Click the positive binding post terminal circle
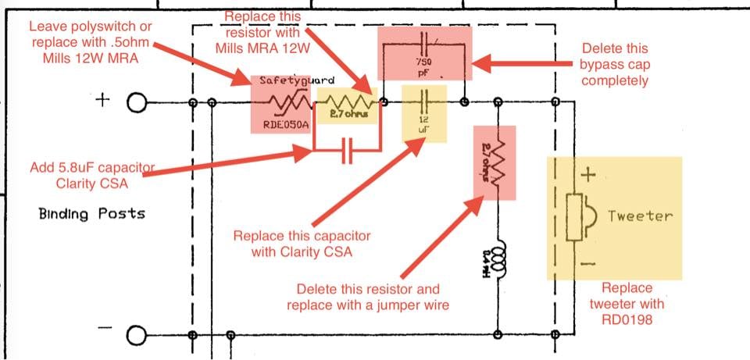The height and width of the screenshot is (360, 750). click(137, 103)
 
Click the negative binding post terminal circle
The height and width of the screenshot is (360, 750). click(137, 336)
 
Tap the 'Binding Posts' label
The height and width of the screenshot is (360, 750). click(91, 213)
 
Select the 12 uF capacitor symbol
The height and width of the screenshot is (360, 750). click(424, 102)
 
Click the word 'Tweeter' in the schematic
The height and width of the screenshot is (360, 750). click(640, 216)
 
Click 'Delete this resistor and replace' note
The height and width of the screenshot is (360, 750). click(367, 297)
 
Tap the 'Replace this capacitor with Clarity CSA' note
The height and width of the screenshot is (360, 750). click(303, 244)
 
